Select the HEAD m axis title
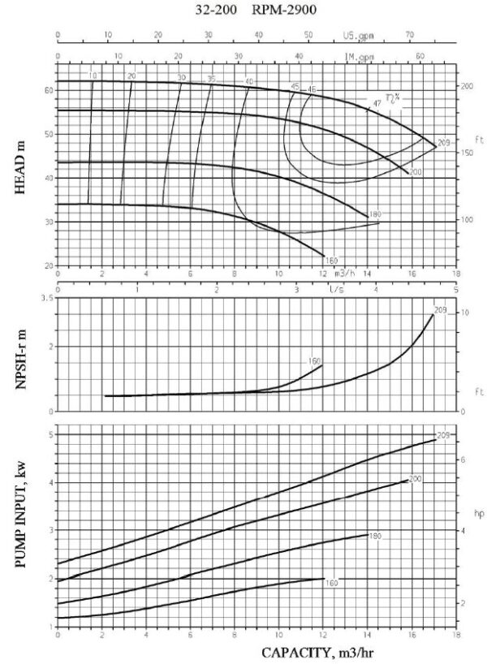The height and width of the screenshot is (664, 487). click(x=21, y=162)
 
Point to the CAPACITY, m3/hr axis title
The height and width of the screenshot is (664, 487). click(x=317, y=652)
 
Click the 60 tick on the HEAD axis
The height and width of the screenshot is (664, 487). click(x=49, y=90)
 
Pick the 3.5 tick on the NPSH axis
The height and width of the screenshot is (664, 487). click(x=47, y=299)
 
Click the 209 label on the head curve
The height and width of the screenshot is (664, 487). click(x=442, y=143)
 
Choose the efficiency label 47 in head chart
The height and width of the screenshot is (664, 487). click(x=377, y=103)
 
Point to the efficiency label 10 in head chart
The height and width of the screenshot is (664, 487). click(x=93, y=75)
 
